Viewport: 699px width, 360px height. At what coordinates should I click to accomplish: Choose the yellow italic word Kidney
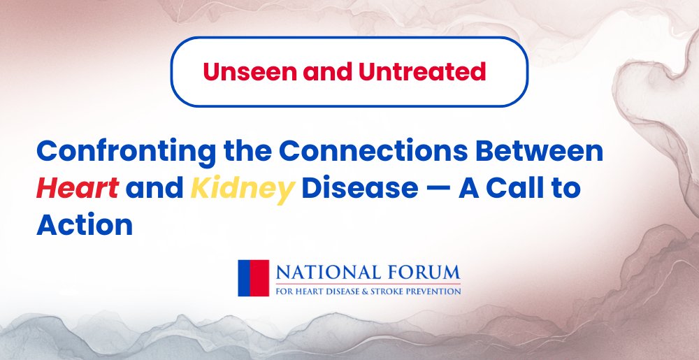pyautogui.click(x=240, y=189)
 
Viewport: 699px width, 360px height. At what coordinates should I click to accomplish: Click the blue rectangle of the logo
pyautogui.click(x=244, y=278)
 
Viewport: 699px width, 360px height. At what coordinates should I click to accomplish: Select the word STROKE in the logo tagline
pyautogui.click(x=391, y=291)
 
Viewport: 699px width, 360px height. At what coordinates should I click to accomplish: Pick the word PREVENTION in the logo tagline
pyautogui.click(x=435, y=291)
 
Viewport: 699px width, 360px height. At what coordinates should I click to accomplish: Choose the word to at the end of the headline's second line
pyautogui.click(x=566, y=189)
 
